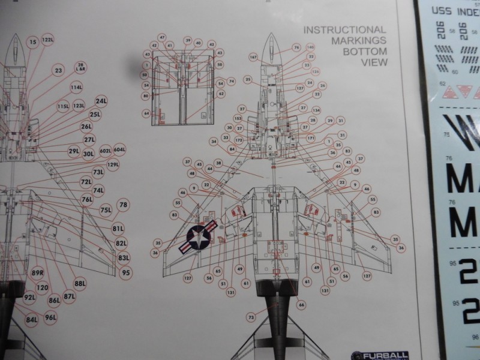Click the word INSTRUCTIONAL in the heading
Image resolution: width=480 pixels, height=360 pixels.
(344, 30)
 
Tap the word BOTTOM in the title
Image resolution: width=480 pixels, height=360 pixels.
(364, 52)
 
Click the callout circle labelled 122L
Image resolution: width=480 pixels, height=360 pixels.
(47, 40)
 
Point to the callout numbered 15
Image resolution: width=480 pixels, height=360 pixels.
(32, 41)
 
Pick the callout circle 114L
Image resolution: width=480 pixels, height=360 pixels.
(76, 88)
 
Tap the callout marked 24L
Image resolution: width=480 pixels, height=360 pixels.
(101, 101)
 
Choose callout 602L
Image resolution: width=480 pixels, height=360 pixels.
(106, 150)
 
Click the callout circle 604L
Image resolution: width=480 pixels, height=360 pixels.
(119, 149)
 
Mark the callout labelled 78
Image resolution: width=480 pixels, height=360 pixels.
(124, 205)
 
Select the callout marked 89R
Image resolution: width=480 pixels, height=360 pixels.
(38, 272)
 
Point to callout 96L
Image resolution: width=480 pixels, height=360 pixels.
(50, 317)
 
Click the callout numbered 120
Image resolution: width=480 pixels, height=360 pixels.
(42, 287)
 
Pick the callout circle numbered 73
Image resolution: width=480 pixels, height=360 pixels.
(251, 316)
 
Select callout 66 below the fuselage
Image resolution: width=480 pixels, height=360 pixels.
(301, 305)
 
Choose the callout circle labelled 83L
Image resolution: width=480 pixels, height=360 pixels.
(124, 257)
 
